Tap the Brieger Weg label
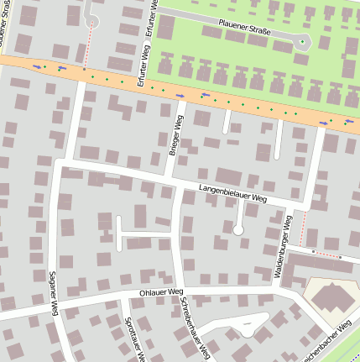[x=175, y=136]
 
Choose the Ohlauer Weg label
[x=163, y=292]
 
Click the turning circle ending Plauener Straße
[x=303, y=40]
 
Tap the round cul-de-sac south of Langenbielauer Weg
[x=238, y=228]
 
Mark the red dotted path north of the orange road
[x=85, y=46]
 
